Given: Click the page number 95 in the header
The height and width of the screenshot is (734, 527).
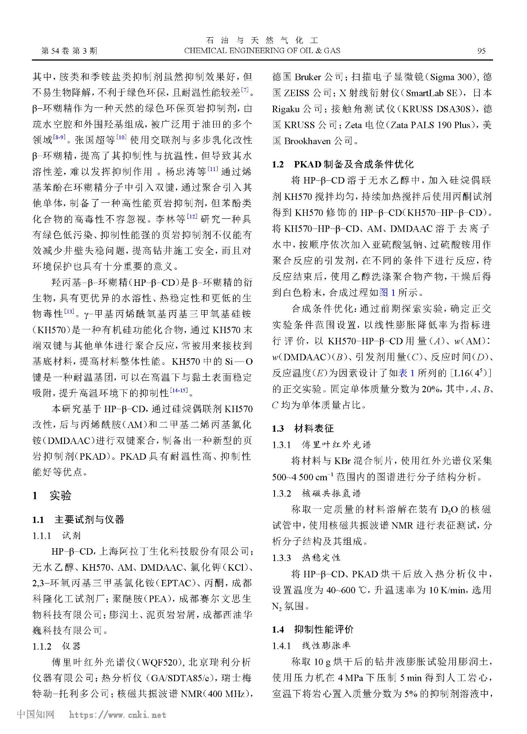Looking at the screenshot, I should (x=481, y=51).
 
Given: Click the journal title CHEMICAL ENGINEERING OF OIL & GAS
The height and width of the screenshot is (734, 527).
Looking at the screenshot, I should (x=262, y=51).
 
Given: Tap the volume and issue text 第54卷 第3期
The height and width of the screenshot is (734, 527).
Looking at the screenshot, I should (x=70, y=51).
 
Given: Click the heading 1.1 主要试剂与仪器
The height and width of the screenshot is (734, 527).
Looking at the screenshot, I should (x=78, y=519).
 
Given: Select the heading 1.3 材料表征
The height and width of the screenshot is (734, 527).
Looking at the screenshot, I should (x=303, y=428).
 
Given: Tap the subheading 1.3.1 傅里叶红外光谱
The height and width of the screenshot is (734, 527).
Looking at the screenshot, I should (x=321, y=445).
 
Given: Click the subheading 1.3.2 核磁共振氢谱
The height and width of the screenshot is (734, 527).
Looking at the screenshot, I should (x=316, y=493).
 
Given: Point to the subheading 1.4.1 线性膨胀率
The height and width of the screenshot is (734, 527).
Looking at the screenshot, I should (x=311, y=645).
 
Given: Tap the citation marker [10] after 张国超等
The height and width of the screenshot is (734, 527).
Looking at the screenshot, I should (x=121, y=137).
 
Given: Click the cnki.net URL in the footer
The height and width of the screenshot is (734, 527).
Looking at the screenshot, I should (x=117, y=715).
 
